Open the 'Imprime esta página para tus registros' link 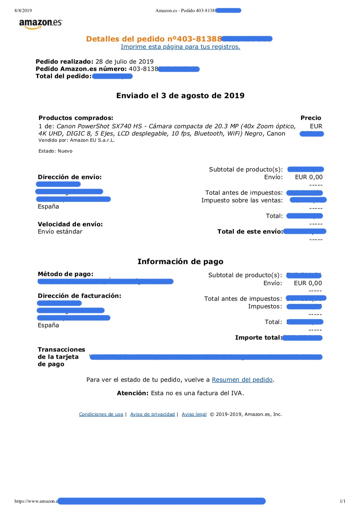[x=180, y=47]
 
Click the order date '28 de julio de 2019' [x=124, y=62]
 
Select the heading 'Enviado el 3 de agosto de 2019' [x=180, y=96]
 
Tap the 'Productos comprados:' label [x=76, y=118]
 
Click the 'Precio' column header [x=311, y=118]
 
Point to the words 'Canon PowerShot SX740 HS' [x=99, y=126]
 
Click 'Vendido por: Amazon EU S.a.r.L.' [x=77, y=140]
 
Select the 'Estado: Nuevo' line [x=56, y=151]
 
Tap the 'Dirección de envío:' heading [x=70, y=177]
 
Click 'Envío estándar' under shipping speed [x=60, y=232]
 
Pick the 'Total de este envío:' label [x=250, y=232]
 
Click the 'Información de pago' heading [x=180, y=262]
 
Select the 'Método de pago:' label [x=65, y=274]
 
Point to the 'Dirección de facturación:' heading [x=79, y=296]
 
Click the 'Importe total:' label [x=258, y=338]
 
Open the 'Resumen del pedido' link [x=242, y=380]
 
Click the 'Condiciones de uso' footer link [x=101, y=414]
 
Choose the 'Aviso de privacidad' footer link [x=152, y=414]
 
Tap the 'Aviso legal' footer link [x=194, y=414]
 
